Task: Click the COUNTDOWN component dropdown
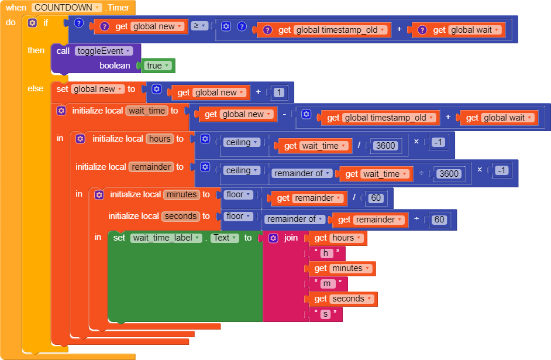tap(67, 8)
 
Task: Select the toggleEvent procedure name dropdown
tap(104, 51)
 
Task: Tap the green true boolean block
tap(158, 66)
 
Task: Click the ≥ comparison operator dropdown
tap(199, 26)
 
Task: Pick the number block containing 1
tap(279, 92)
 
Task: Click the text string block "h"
tap(326, 253)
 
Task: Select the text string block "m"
tap(328, 283)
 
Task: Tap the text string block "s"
tap(326, 314)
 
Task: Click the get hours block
tap(338, 238)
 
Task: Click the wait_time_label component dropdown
tap(166, 238)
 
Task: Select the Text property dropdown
tap(225, 238)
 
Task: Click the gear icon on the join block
tap(273, 238)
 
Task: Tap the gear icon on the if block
tap(32, 23)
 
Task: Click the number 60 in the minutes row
tap(376, 198)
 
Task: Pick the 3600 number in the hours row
tap(385, 146)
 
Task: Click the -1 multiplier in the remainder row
tap(502, 170)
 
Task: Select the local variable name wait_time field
tap(147, 111)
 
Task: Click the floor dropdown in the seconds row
tap(238, 216)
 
